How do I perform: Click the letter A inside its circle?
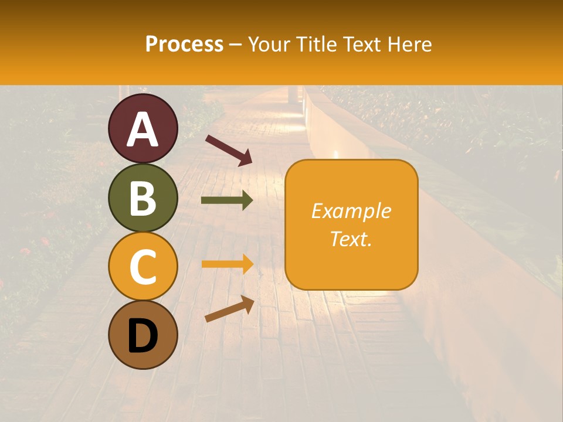(x=143, y=130)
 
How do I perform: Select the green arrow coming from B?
(x=226, y=200)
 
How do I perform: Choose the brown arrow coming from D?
(x=229, y=309)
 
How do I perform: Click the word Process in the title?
(x=184, y=44)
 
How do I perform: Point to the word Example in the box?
(x=351, y=211)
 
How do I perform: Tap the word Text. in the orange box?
(x=351, y=239)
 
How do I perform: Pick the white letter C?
(x=143, y=267)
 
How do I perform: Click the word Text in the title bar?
(x=362, y=44)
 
